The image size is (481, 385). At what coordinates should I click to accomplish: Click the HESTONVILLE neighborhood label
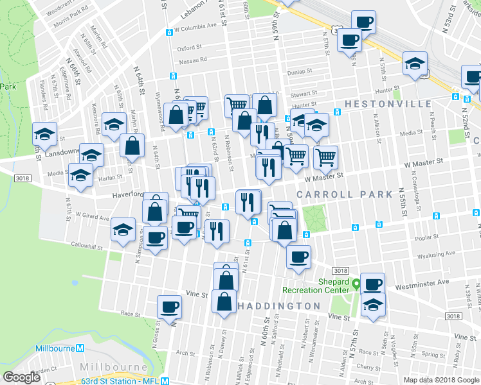point(388,103)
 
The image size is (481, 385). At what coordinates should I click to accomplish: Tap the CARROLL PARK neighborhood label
point(344,194)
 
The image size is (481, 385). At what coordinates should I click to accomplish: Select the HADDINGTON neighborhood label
point(278,305)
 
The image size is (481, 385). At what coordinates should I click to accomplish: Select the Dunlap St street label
point(299,72)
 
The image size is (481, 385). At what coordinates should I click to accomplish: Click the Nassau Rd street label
point(192,60)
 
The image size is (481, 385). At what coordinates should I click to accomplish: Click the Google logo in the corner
point(21,377)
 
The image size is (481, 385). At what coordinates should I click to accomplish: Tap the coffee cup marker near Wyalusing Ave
point(298,257)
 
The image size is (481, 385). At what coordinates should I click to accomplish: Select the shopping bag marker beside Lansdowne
point(132,146)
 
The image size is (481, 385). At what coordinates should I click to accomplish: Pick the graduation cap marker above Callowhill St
point(123,229)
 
